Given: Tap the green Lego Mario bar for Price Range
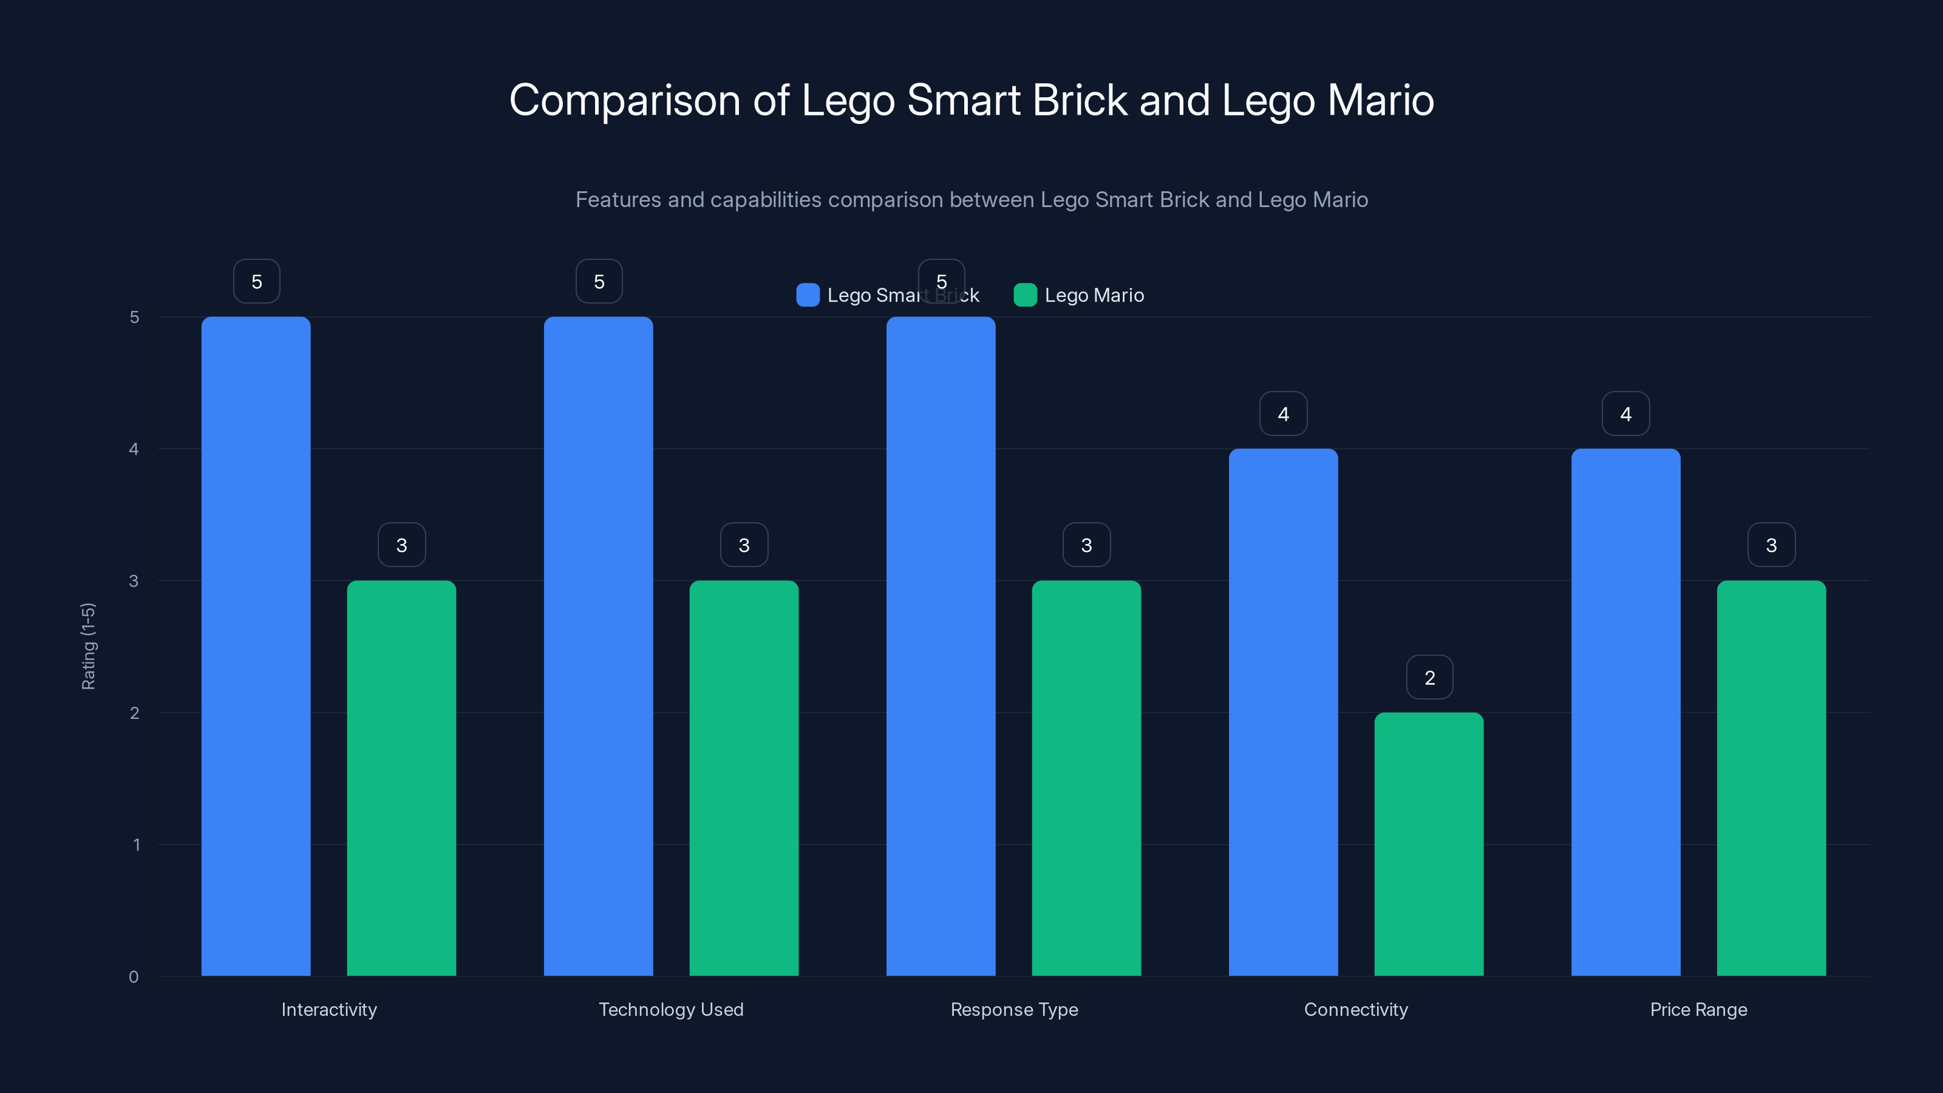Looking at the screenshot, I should (x=1771, y=778).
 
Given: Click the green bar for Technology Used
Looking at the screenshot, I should (x=744, y=778).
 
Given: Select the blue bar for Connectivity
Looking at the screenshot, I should (x=1283, y=712).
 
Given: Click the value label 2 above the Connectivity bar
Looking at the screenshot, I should (x=1429, y=678).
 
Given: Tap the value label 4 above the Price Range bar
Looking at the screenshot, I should (x=1625, y=414).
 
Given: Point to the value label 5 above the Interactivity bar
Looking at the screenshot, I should (x=256, y=281).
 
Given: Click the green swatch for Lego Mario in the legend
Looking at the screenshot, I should (x=1025, y=295).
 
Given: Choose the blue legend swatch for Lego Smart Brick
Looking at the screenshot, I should (x=808, y=295).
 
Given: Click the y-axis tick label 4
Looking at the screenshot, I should (x=134, y=449).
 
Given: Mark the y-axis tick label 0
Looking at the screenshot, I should (x=134, y=977).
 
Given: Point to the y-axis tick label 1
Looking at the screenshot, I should (x=137, y=845).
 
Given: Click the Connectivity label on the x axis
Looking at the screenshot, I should (x=1355, y=1009).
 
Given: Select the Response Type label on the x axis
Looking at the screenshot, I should (x=1014, y=1009).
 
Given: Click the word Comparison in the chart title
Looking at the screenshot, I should (x=625, y=100).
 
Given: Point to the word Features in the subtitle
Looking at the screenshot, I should (x=618, y=200).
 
